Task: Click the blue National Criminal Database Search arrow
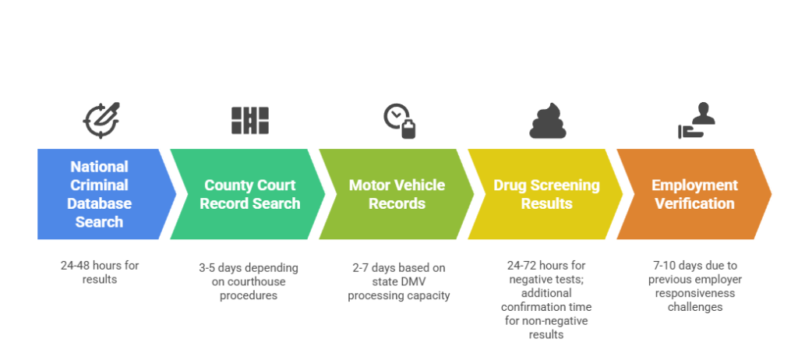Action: point(100,194)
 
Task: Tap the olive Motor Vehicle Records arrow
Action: point(397,194)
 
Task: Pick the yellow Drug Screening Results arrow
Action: point(546,194)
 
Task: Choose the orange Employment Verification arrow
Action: point(693,194)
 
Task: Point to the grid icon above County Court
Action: point(249,120)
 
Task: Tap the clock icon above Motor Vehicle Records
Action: point(399,121)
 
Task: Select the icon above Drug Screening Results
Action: point(548,122)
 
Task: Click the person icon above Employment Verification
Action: point(697,121)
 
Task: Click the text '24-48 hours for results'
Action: point(100,272)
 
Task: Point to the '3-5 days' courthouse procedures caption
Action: point(249,281)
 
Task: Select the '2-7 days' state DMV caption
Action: point(399,281)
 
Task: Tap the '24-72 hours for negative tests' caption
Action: point(547,299)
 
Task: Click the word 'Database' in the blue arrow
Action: point(100,203)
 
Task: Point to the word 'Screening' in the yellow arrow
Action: point(564,185)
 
